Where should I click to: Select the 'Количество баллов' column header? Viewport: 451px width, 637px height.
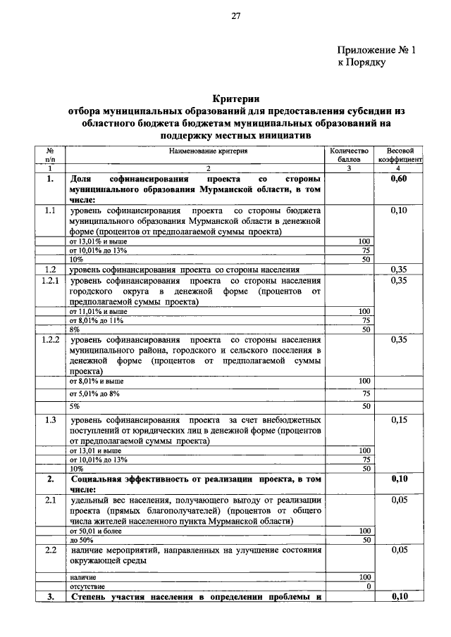[x=349, y=155]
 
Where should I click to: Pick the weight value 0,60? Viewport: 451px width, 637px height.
[x=400, y=179]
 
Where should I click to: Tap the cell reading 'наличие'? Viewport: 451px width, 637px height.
[x=83, y=576]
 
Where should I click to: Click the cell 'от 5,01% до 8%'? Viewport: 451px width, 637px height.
[x=95, y=393]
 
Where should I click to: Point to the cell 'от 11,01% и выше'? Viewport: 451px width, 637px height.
[x=98, y=310]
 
